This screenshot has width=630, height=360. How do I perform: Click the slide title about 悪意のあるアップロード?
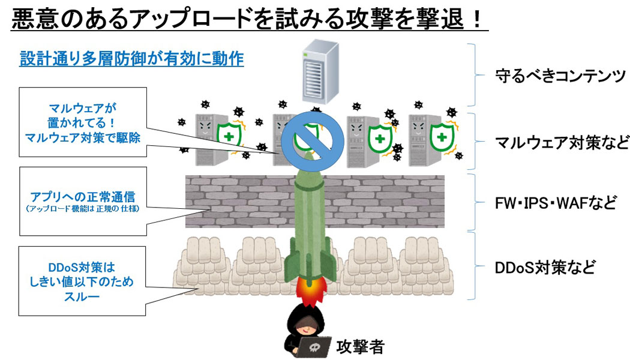[x=246, y=20]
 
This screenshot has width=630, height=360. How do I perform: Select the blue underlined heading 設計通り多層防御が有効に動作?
[x=131, y=59]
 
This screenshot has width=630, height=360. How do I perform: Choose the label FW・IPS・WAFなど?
[x=556, y=202]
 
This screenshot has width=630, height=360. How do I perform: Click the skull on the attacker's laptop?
[x=316, y=347]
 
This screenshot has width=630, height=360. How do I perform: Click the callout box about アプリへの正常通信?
[x=83, y=201]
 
